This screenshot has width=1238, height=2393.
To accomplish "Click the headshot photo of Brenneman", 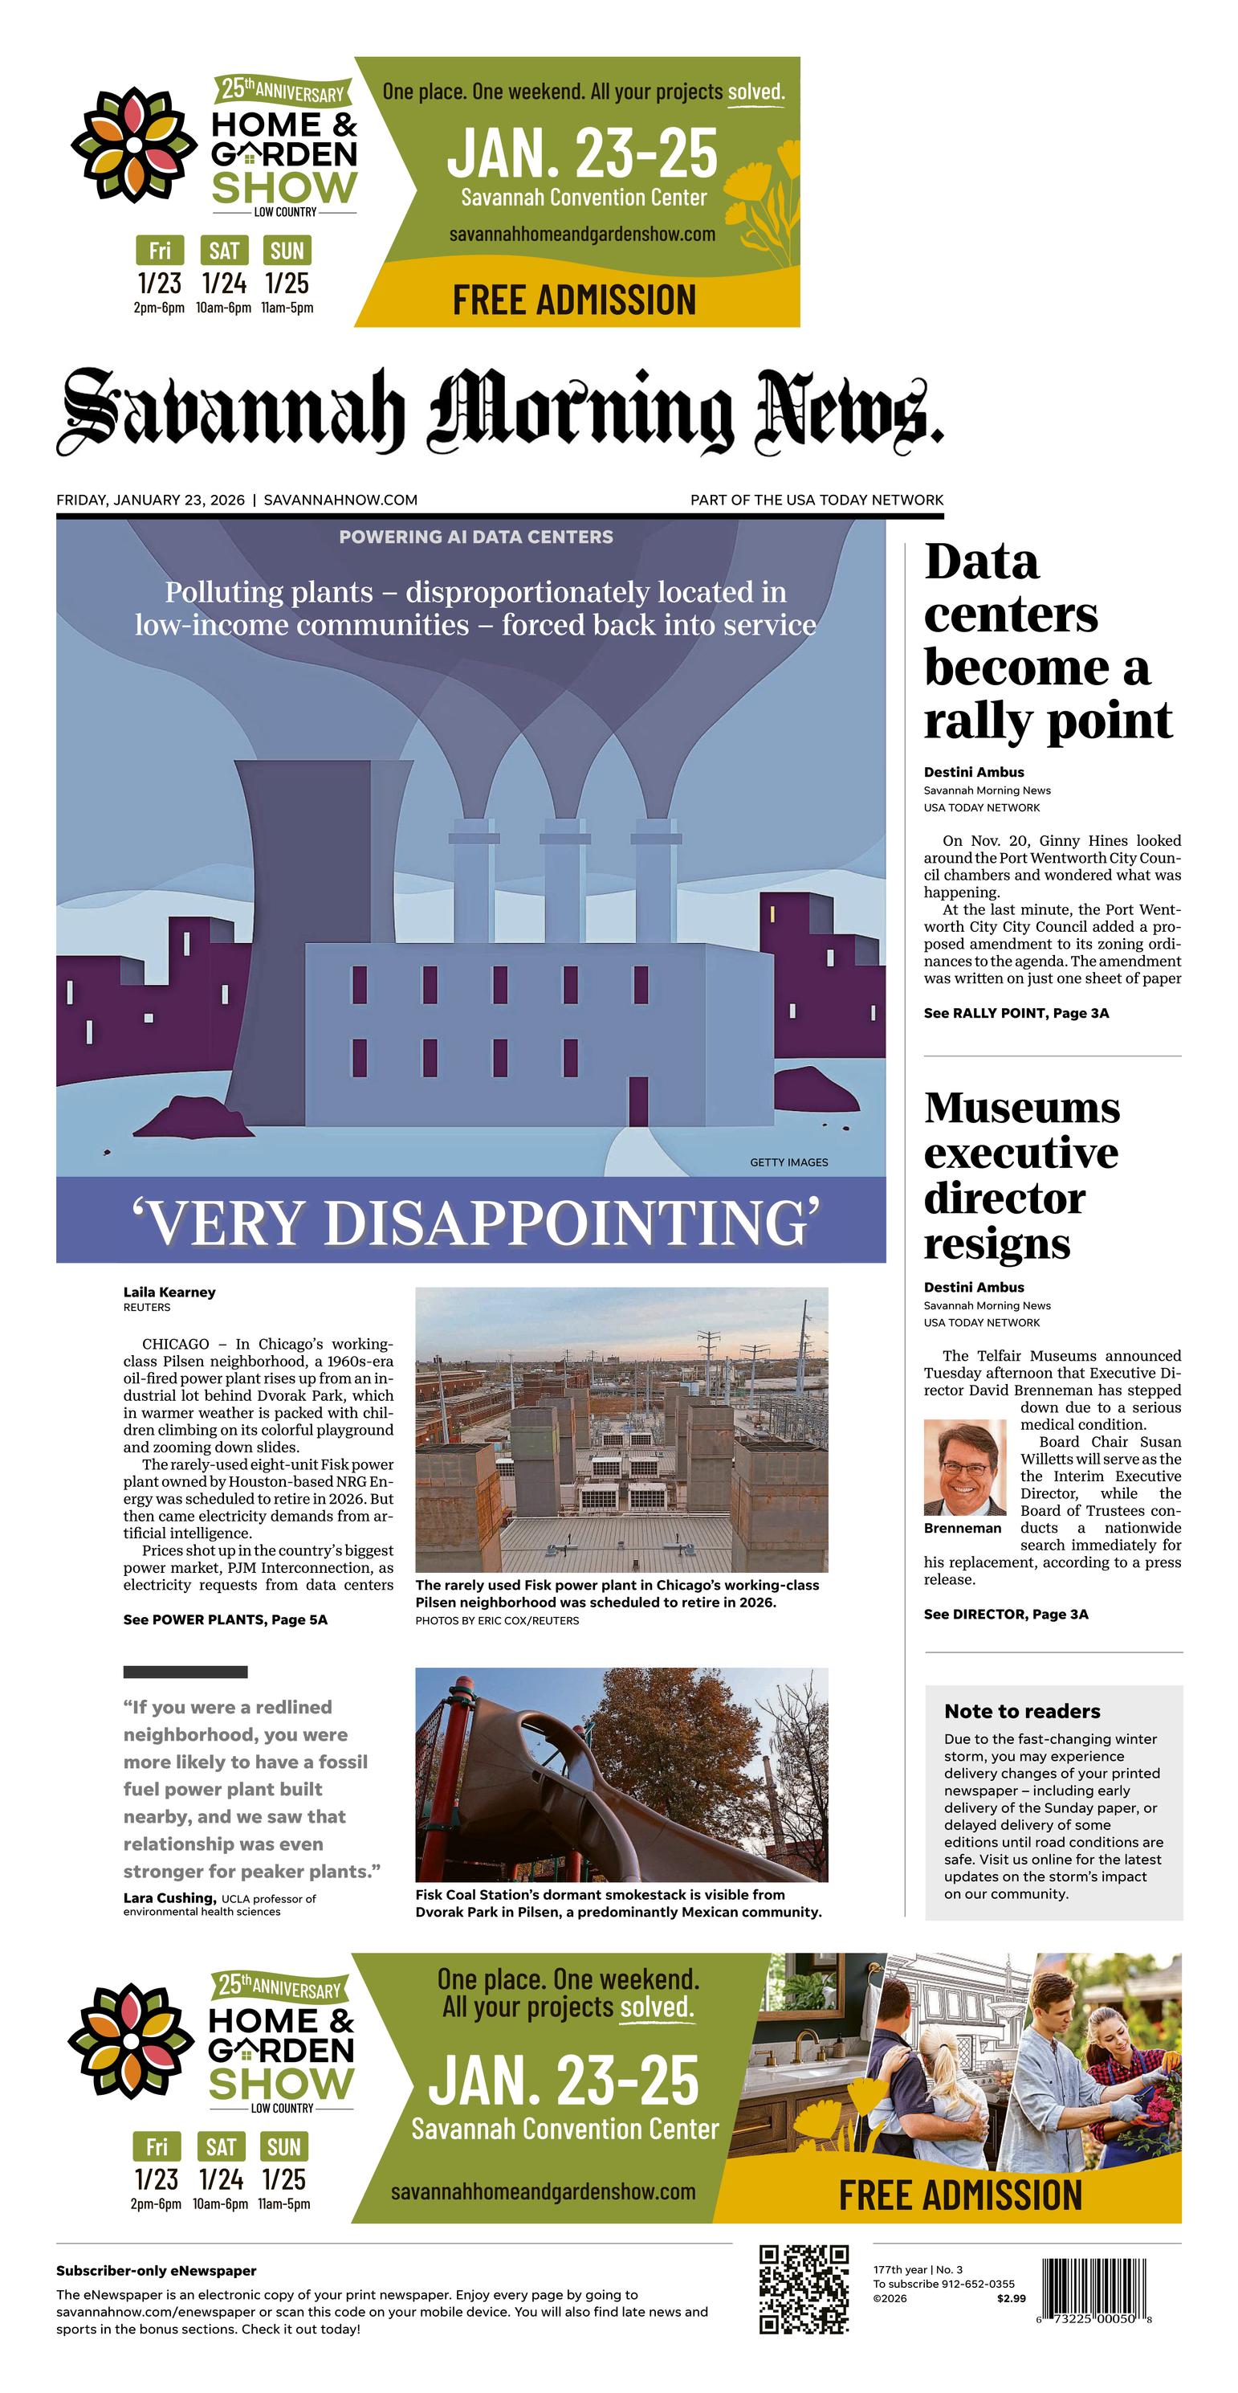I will click(965, 1468).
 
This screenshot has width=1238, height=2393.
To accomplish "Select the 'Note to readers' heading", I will click(1021, 1711).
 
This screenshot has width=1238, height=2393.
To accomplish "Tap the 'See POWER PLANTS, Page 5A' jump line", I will click(225, 1619).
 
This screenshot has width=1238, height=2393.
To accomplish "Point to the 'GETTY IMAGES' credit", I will click(788, 1162).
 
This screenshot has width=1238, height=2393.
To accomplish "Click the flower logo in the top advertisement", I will click(134, 145).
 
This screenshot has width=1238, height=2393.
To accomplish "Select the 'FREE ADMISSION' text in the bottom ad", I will click(960, 2195).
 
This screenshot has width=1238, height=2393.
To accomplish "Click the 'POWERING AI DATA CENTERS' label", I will click(475, 537).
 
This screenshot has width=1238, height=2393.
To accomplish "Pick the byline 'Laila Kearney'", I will click(169, 1292).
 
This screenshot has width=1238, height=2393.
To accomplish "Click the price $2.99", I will click(1011, 2298).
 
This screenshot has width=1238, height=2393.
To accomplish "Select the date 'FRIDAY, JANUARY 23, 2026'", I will click(150, 500).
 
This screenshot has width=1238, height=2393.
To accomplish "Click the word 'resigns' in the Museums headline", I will click(996, 1243).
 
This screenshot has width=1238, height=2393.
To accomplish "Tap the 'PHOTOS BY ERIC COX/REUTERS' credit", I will click(497, 1620).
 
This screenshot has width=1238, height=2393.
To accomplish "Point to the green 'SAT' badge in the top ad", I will click(224, 251).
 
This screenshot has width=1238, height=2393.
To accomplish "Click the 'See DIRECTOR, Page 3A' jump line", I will click(1006, 1614).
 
